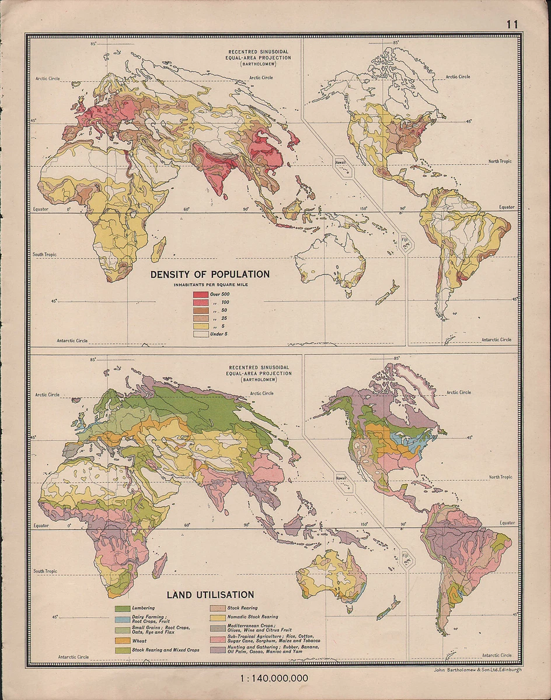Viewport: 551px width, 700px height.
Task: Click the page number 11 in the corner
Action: pos(512,24)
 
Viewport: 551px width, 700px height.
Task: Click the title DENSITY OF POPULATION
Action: pos(210,274)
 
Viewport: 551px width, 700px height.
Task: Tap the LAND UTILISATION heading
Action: pos(210,595)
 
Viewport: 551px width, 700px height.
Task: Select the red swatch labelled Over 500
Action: pos(201,294)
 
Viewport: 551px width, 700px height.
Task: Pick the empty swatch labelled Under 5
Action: pos(201,335)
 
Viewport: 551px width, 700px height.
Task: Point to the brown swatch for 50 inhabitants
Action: pos(201,310)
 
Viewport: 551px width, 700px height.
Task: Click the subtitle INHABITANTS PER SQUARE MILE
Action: pos(210,284)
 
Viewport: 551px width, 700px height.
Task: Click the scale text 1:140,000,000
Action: pos(274,678)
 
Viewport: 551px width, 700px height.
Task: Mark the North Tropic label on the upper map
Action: pos(500,161)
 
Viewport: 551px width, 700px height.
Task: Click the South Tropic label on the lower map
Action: pos(46,571)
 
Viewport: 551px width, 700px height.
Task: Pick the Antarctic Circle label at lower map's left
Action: pos(72,657)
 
